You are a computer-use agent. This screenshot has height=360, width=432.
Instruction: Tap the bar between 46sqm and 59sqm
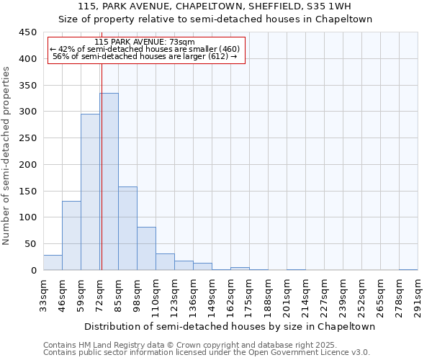click(71, 235)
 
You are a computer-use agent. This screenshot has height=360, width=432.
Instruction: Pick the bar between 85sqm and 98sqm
click(127, 228)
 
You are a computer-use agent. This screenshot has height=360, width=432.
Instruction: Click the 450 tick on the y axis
click(28, 32)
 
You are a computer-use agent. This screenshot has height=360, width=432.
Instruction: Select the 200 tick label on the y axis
click(28, 165)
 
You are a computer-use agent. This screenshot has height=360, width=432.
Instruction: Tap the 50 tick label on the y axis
click(31, 244)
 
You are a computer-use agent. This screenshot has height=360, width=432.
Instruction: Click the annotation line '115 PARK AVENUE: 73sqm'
click(144, 42)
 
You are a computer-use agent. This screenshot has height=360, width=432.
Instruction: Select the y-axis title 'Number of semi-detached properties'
click(7, 156)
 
